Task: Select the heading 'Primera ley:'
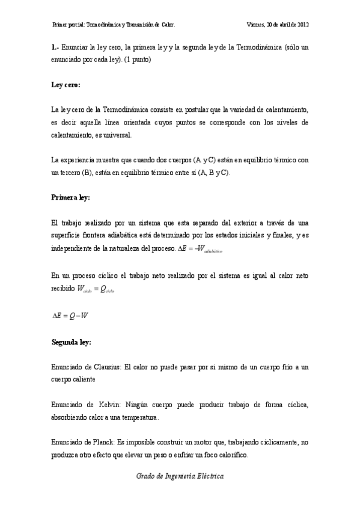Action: pyautogui.click(x=71, y=197)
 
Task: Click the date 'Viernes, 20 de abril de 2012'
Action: pyautogui.click(x=278, y=25)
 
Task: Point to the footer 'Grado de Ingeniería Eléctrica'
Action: pyautogui.click(x=180, y=475)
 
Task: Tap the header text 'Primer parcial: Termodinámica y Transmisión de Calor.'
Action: pyautogui.click(x=114, y=25)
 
